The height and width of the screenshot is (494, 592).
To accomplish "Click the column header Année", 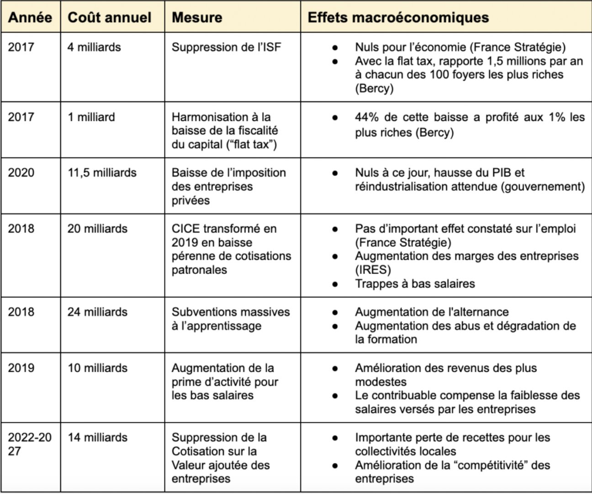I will pos(30,18).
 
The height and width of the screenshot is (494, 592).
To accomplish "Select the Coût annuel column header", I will pos(110,18).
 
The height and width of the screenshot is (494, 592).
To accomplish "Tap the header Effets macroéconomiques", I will pos(398,18).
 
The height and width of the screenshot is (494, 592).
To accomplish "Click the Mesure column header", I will pos(197,18).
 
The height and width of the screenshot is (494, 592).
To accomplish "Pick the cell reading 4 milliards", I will pos(94,47).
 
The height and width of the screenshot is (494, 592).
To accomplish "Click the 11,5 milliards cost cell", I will pos(102,173).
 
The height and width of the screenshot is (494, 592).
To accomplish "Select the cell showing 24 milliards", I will pos(97,312).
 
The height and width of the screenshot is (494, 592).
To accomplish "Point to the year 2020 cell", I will pos(21,173).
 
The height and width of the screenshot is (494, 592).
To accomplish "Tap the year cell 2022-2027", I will pos(30,444).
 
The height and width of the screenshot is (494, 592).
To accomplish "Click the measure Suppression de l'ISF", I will pos(226,47).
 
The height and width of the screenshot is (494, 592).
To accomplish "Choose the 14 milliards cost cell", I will pos(97,437).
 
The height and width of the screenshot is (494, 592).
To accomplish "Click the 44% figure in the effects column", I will pos(366,117).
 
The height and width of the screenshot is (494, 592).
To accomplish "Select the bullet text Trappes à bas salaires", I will pos(415,284).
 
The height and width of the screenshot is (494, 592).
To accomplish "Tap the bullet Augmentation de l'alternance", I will pos(432,312).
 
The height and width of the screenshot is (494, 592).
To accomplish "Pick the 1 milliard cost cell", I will pos(91,117).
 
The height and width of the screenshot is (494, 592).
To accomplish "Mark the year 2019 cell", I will pos(21,368).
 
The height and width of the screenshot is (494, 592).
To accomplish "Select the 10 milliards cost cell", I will pos(97,368).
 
